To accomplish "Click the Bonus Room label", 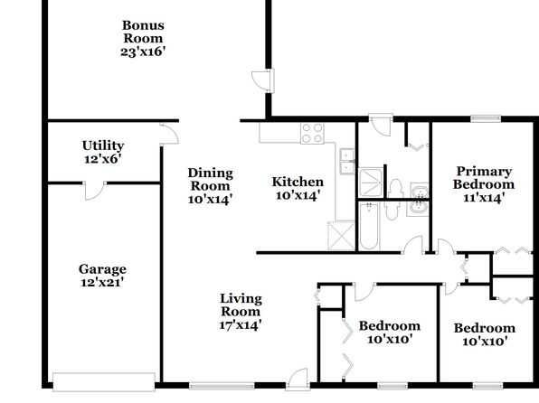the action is point(143,32).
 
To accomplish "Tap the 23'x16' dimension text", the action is point(143,52).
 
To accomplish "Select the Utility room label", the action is point(103,145).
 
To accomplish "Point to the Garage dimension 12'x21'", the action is point(102,283).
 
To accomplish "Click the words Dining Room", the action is point(211,179).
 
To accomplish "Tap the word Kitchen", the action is point(298,182).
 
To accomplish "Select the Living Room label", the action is point(241,305).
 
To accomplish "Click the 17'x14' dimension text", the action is point(241,324).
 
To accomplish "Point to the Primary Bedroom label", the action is point(484,178).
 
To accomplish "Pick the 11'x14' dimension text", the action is point(484,198).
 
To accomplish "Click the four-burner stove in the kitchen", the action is point(312,134).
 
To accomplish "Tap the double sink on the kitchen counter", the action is point(347,161).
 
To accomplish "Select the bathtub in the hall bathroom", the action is point(369,226).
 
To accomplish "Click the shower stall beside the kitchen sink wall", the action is point(371,183).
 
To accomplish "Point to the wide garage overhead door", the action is point(104,381).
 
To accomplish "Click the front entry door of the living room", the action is point(298,380).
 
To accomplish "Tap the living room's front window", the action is point(222,386).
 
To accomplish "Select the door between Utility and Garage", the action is point(95,191).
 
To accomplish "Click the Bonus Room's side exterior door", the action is point(264,81).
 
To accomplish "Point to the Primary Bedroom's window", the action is point(486,118).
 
